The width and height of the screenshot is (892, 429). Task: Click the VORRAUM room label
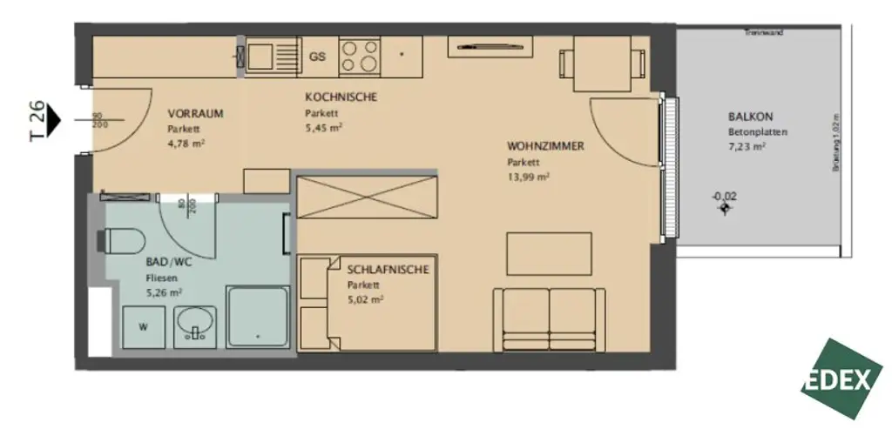196,113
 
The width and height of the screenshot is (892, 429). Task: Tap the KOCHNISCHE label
341,97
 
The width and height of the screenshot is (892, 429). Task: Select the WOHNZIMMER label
545,145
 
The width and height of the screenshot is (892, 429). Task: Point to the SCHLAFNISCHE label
388,270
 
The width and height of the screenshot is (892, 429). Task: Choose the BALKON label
751,117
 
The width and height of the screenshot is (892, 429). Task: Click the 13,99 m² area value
529,177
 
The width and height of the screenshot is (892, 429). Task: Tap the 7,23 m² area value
747,147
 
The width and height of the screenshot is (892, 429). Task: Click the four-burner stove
359,56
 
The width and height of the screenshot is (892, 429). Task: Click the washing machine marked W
143,327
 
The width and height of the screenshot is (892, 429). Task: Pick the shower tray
257,317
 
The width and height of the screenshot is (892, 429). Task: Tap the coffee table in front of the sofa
549,253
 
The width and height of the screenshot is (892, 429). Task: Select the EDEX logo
841,379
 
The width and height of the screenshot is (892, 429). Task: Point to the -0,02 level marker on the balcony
724,197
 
